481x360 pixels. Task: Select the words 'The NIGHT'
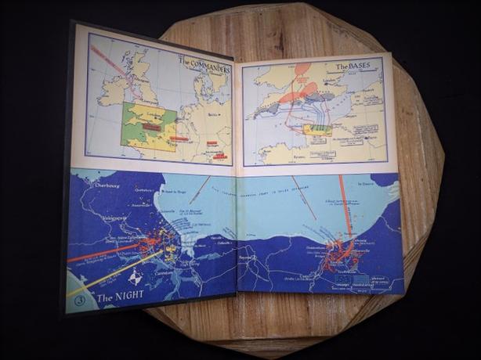[x=119, y=297]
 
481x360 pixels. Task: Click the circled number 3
[x=79, y=299]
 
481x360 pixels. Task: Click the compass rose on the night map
[x=135, y=277]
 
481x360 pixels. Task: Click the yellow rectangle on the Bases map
[x=316, y=129]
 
